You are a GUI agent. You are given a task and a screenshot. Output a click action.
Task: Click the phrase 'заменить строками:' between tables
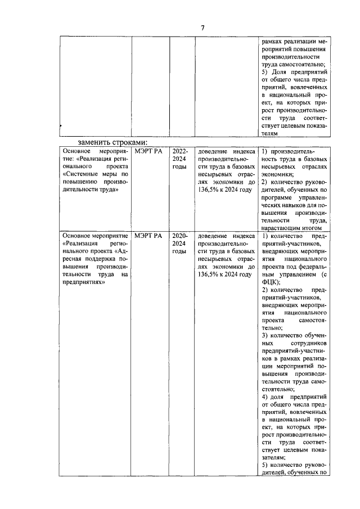tap(112, 142)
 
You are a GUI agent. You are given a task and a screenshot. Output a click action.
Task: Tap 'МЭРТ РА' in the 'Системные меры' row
tap(148, 152)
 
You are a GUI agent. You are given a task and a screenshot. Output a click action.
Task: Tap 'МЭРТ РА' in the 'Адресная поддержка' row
tap(148, 236)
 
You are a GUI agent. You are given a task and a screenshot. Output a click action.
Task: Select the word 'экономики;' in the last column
tap(280, 175)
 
